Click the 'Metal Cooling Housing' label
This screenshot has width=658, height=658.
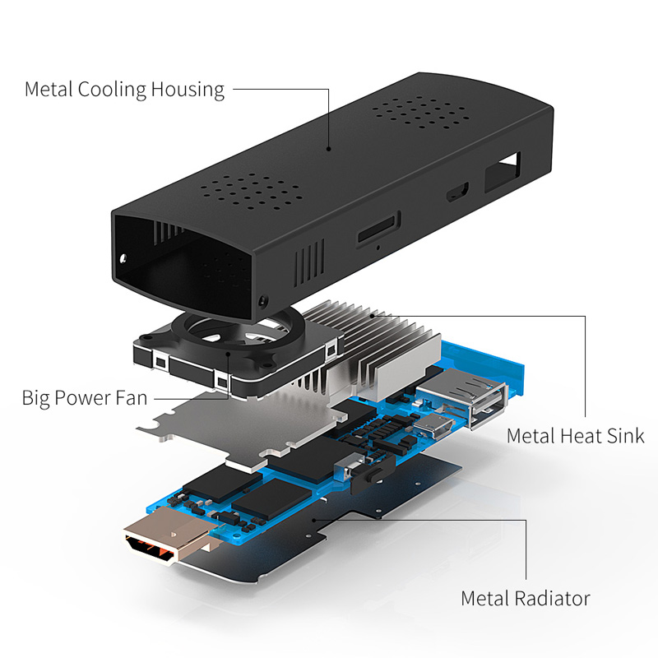125,90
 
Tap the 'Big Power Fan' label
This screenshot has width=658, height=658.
85,398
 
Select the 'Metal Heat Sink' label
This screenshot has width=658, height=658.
575,436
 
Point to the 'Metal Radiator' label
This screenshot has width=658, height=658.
526,599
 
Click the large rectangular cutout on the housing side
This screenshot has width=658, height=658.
503,173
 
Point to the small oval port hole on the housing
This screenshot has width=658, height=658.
457,192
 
